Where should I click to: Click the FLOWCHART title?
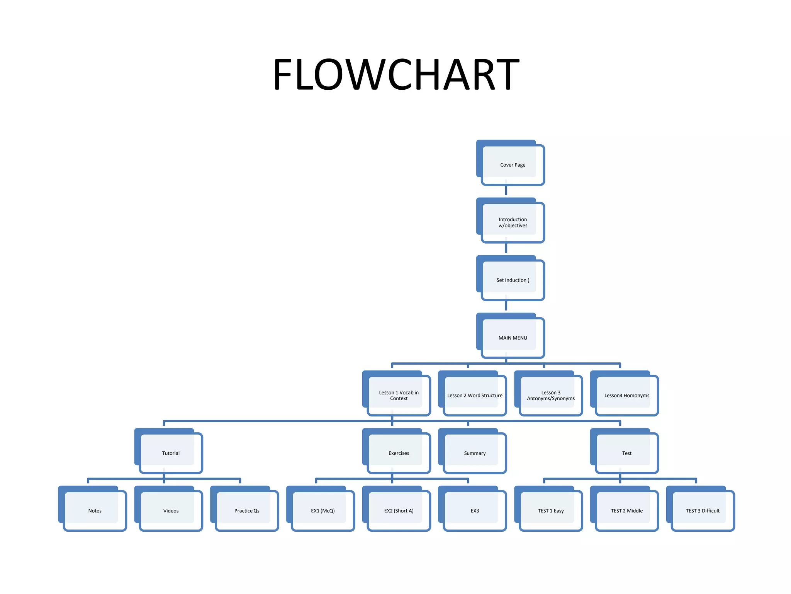[396, 74]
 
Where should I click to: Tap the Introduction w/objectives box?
[513, 222]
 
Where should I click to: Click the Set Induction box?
[513, 280]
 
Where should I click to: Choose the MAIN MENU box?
[513, 338]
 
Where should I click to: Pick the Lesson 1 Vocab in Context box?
[399, 395]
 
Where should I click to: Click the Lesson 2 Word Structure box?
[475, 395]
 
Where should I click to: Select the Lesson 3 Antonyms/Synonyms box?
[551, 395]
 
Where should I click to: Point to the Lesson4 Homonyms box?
[626, 395]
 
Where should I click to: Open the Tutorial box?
[171, 453]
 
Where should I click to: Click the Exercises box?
[399, 453]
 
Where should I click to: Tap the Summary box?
[475, 453]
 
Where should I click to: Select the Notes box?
[95, 510]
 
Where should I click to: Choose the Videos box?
[171, 510]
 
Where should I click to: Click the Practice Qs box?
[247, 510]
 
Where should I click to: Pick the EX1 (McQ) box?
[323, 510]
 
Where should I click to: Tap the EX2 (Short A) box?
[399, 510]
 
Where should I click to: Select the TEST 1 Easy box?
[551, 510]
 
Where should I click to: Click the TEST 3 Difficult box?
[703, 510]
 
